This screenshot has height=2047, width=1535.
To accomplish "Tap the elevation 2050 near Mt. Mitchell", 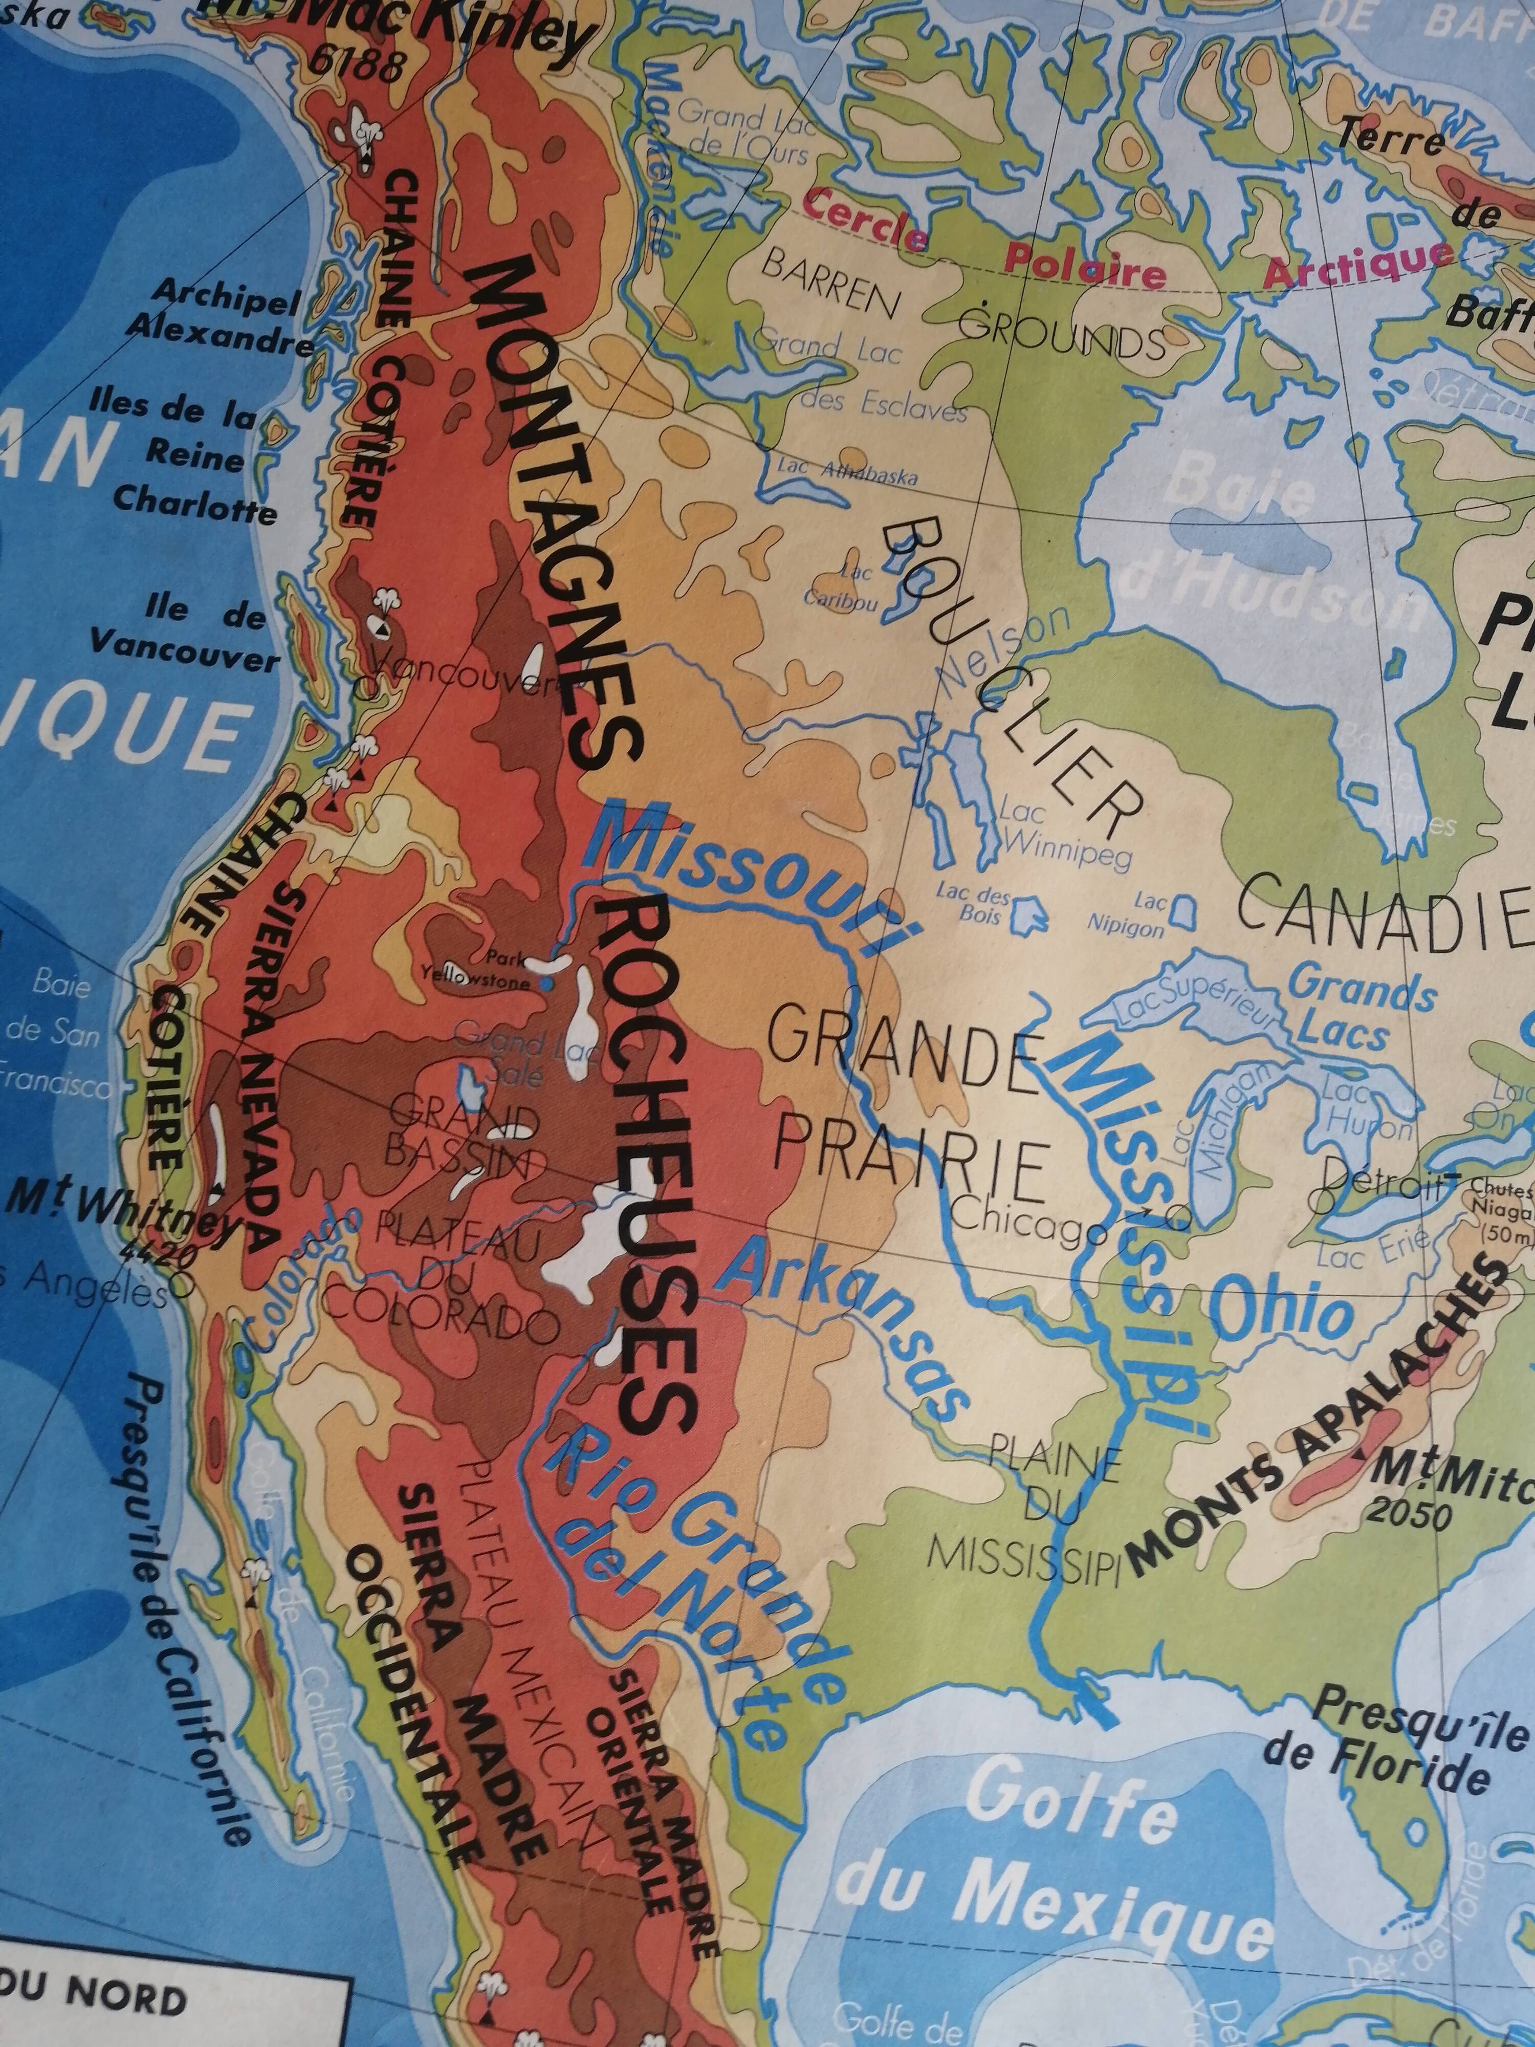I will click(x=1407, y=1513).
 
